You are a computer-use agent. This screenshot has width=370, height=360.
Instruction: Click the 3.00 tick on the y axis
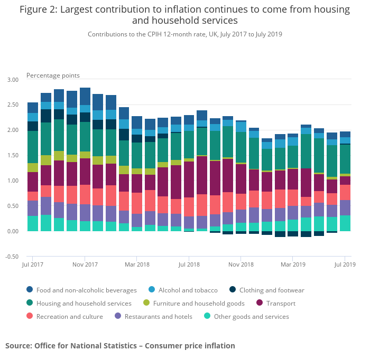(13, 80)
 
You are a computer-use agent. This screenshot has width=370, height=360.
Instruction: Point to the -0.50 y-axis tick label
(12, 257)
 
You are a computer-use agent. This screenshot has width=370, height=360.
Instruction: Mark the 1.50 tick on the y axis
(13, 155)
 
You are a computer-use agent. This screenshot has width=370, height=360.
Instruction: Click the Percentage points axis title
(53, 75)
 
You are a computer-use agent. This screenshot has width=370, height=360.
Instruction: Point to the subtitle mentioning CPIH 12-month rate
(184, 34)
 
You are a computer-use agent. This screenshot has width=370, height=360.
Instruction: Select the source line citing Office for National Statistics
(120, 346)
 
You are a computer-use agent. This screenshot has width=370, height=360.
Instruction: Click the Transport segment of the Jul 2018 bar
(189, 179)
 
